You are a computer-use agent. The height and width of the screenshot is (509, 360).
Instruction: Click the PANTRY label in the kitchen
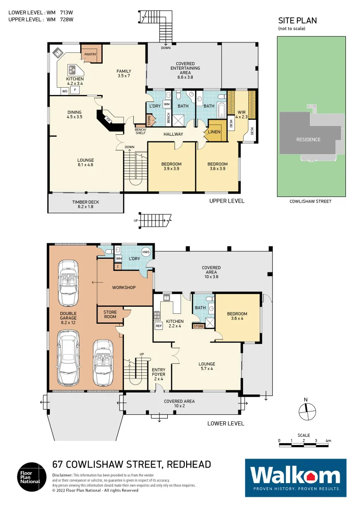point(90,55)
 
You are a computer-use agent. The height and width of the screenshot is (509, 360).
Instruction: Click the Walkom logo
point(295,477)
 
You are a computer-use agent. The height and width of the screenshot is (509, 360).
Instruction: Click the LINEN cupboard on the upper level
point(214,132)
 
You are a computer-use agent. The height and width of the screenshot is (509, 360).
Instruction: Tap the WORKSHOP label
point(124,287)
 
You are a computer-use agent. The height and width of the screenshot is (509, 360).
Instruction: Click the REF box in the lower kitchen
point(158,326)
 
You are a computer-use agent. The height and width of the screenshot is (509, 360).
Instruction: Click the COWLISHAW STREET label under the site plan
point(311,201)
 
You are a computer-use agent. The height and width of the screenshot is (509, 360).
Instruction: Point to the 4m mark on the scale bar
point(329,441)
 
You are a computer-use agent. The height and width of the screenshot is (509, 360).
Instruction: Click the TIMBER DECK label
point(85,204)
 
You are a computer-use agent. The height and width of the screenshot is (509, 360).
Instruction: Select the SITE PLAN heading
point(297,21)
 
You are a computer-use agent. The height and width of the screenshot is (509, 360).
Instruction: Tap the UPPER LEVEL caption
point(227,201)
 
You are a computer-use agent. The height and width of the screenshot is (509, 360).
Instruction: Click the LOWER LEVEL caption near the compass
point(226,423)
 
